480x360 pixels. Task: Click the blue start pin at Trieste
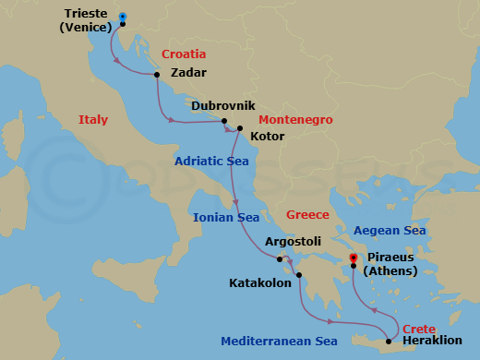123,17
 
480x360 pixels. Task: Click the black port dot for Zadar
157,75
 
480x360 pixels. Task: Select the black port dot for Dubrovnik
223,121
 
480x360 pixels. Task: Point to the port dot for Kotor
239,128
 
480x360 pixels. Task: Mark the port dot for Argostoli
279,259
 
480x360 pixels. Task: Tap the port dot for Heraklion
389,342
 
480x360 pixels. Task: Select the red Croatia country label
184,54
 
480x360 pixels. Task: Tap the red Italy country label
93,119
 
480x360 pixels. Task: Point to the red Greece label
307,214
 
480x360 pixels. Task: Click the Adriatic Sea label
213,161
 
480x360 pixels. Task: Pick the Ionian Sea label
226,218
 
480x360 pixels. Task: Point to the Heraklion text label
433,342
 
